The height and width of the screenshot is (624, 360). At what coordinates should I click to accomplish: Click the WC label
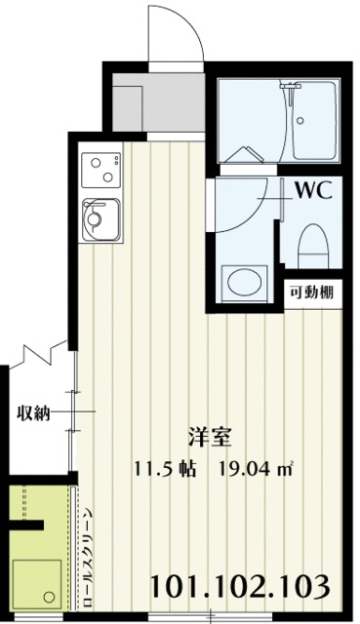pos(313,190)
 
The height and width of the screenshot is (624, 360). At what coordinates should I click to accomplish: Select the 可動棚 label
pos(311,292)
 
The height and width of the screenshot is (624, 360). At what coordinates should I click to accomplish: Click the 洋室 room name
pos(210,438)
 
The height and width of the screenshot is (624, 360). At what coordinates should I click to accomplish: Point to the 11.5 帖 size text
pos(165,468)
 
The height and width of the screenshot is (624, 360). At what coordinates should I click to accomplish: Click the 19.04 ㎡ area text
pos(254,468)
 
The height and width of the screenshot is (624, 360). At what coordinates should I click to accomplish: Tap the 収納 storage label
pos(33,413)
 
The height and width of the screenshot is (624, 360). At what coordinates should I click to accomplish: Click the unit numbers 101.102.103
pos(240,586)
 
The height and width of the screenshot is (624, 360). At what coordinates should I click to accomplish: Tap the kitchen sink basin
pos(100,218)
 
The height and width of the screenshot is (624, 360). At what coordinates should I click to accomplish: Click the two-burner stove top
pos(100,169)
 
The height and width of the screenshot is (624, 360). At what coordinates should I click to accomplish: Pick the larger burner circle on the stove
pos(107,176)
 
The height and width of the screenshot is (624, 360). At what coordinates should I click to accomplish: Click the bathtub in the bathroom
pos(314,121)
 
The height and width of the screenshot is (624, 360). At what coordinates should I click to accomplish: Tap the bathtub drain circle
pos(300,120)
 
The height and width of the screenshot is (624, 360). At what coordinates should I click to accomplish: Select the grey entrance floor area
pos(158,102)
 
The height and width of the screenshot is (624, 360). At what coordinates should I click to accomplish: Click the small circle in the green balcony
pos(50,597)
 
